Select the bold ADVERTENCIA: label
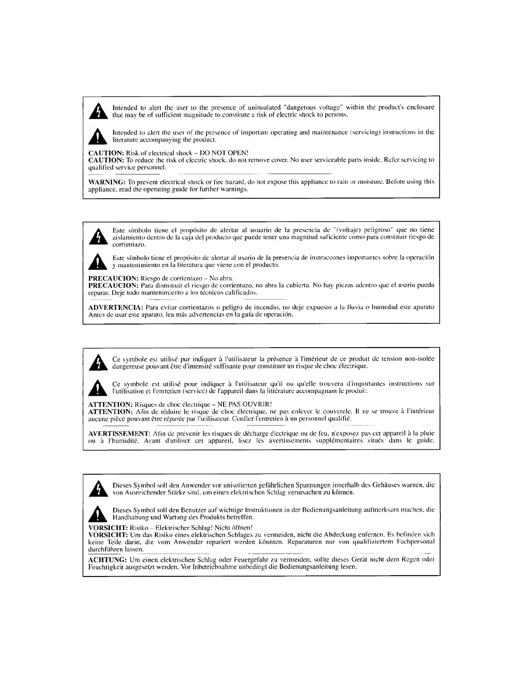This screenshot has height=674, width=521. [x=115, y=307]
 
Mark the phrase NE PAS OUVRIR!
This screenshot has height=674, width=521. [x=245, y=404]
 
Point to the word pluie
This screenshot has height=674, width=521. [x=426, y=433]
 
